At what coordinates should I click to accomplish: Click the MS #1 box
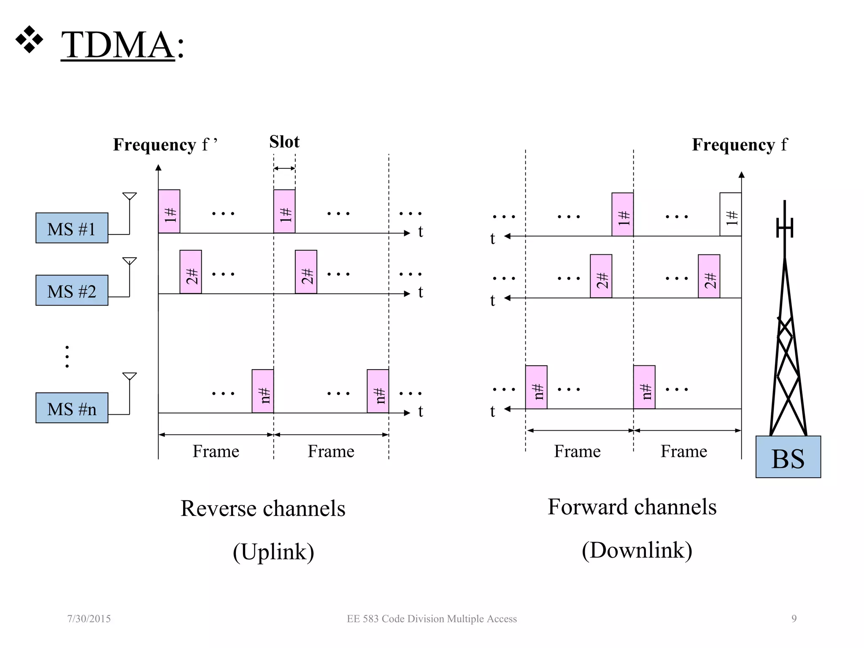click(x=72, y=228)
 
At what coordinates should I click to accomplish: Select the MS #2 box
click(x=72, y=291)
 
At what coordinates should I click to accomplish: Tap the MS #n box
click(x=72, y=408)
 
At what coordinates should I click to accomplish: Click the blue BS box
click(x=788, y=457)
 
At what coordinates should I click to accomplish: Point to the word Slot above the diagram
click(x=284, y=142)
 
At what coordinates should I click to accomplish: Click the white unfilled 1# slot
click(x=730, y=215)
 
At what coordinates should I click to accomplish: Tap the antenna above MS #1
click(x=130, y=197)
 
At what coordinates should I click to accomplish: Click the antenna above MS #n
click(x=130, y=377)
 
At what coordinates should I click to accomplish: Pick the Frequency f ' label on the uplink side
click(x=165, y=145)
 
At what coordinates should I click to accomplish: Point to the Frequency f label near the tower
click(x=739, y=145)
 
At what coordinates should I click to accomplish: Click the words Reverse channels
click(x=263, y=508)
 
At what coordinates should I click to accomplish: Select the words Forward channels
click(x=632, y=507)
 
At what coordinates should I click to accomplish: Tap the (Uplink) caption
click(x=273, y=552)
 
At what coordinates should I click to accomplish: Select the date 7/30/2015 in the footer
click(x=89, y=619)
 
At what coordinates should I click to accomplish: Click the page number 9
click(x=794, y=619)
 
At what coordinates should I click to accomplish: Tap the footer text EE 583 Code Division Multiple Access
click(x=432, y=619)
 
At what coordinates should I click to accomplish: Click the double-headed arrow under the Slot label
click(x=284, y=168)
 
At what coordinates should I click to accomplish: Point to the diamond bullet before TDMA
click(x=29, y=40)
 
